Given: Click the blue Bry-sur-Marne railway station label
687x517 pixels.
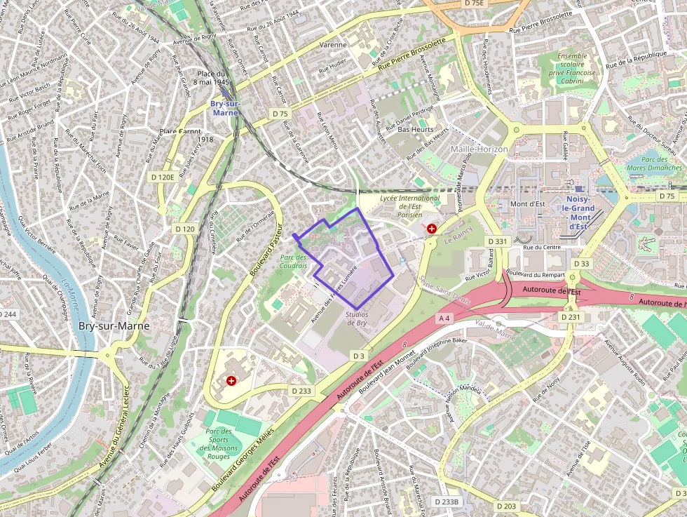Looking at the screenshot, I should [x=225, y=108].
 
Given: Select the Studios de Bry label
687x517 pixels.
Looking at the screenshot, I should [x=356, y=318].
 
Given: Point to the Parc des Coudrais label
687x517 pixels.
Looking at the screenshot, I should [x=294, y=262].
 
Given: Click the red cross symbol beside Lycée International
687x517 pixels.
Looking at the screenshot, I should [x=431, y=229].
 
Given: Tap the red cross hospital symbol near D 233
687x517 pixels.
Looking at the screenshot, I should [x=231, y=380].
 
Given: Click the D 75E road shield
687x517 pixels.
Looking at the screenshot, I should [x=475, y=4].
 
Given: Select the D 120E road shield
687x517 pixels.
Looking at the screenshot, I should [x=162, y=177].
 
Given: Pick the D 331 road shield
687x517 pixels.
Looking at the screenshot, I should [x=496, y=241].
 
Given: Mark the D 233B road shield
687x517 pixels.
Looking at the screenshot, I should [x=447, y=502].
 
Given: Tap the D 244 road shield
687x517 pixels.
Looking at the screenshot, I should [x=8, y=314].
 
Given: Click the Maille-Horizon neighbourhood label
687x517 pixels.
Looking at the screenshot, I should [x=479, y=149].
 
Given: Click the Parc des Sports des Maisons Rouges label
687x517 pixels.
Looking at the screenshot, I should [x=219, y=444].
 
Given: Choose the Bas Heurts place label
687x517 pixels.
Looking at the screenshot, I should [x=416, y=130].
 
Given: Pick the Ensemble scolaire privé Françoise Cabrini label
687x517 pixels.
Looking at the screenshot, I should [x=572, y=68].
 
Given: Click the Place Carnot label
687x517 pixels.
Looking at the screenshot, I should [x=179, y=131].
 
